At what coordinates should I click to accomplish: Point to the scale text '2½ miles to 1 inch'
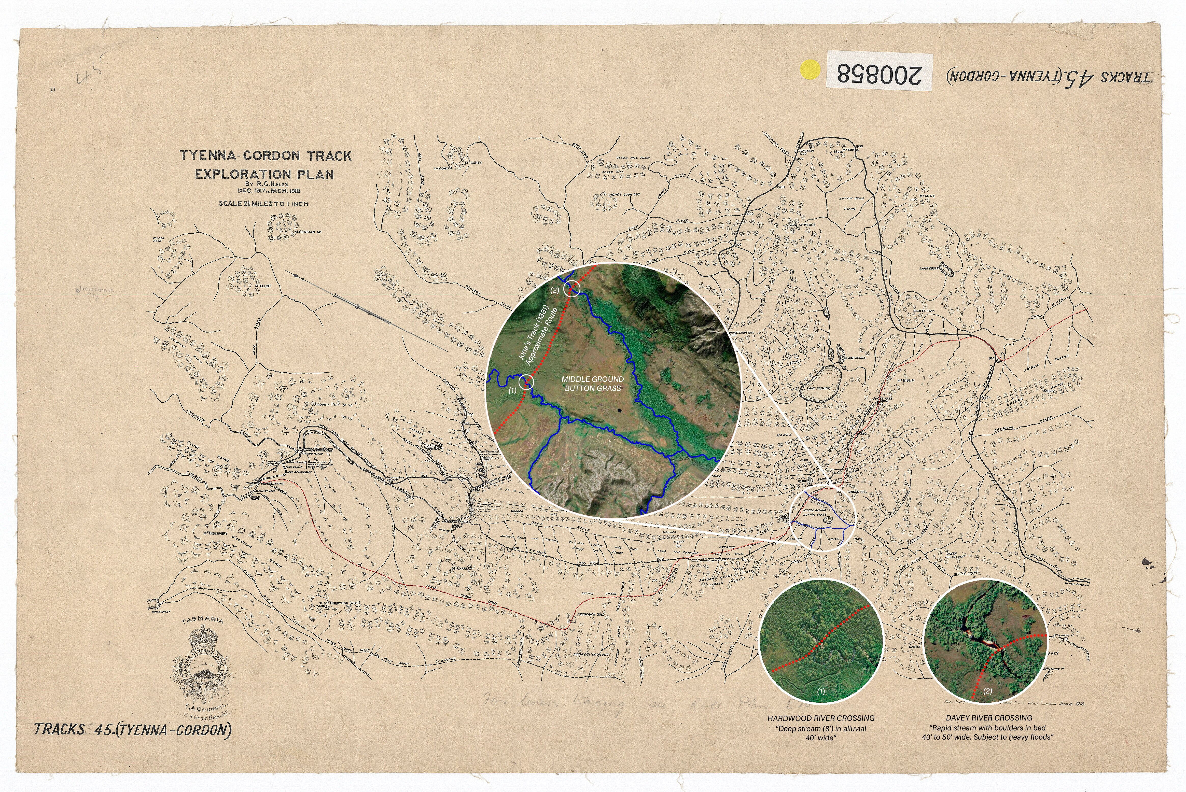click(263, 204)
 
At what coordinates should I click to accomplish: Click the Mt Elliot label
click(263, 286)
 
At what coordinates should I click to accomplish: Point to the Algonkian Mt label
click(308, 232)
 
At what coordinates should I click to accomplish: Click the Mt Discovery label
click(215, 533)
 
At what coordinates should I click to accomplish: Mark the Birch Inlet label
click(161, 612)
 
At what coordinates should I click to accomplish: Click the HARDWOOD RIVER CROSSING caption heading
click(821, 718)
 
